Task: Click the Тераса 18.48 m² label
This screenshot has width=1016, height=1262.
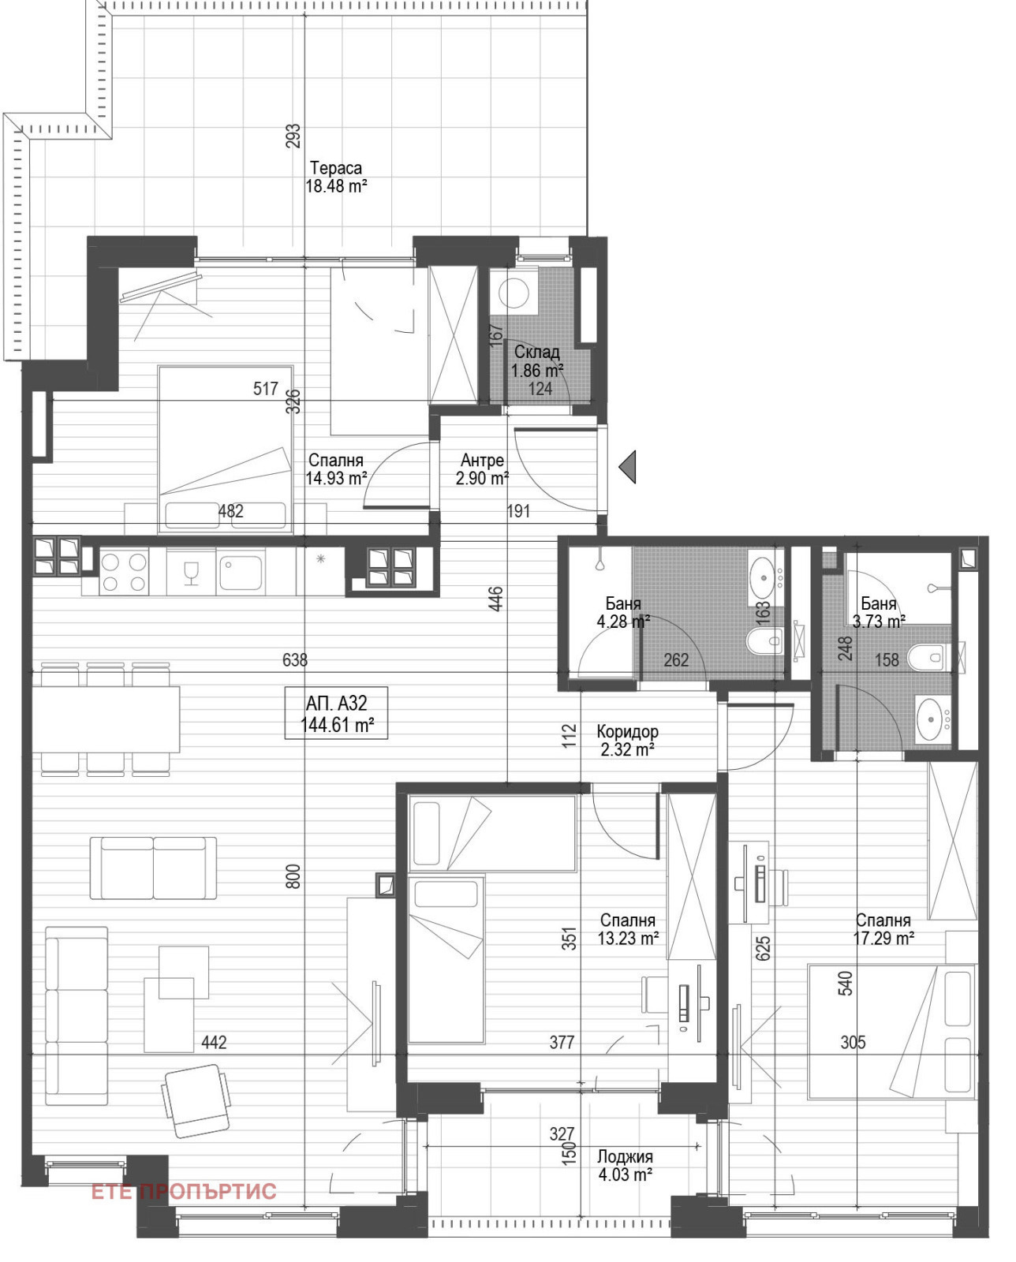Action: [x=336, y=177]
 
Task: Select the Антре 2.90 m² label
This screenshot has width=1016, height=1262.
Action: [x=482, y=469]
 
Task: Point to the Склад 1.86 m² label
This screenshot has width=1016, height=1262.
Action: [x=536, y=361]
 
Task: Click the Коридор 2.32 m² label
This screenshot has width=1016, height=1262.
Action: [x=627, y=740]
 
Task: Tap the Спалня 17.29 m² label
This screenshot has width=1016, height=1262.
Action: [x=883, y=929]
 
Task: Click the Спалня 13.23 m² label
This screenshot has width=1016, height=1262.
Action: [x=628, y=929]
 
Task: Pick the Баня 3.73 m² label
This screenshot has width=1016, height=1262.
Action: [x=878, y=612]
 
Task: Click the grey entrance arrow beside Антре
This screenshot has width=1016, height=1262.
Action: [x=628, y=468]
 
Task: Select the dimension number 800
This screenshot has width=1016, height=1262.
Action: [x=294, y=876]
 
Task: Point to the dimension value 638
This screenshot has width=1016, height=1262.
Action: [x=294, y=660]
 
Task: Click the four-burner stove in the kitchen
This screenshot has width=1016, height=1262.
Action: [x=124, y=572]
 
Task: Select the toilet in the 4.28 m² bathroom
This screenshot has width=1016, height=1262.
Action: [x=765, y=641]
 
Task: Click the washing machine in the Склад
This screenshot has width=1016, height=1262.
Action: [x=514, y=292]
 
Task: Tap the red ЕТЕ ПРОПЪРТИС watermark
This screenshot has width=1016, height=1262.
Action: [x=184, y=1191]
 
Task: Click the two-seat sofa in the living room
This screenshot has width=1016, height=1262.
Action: [x=153, y=868]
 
